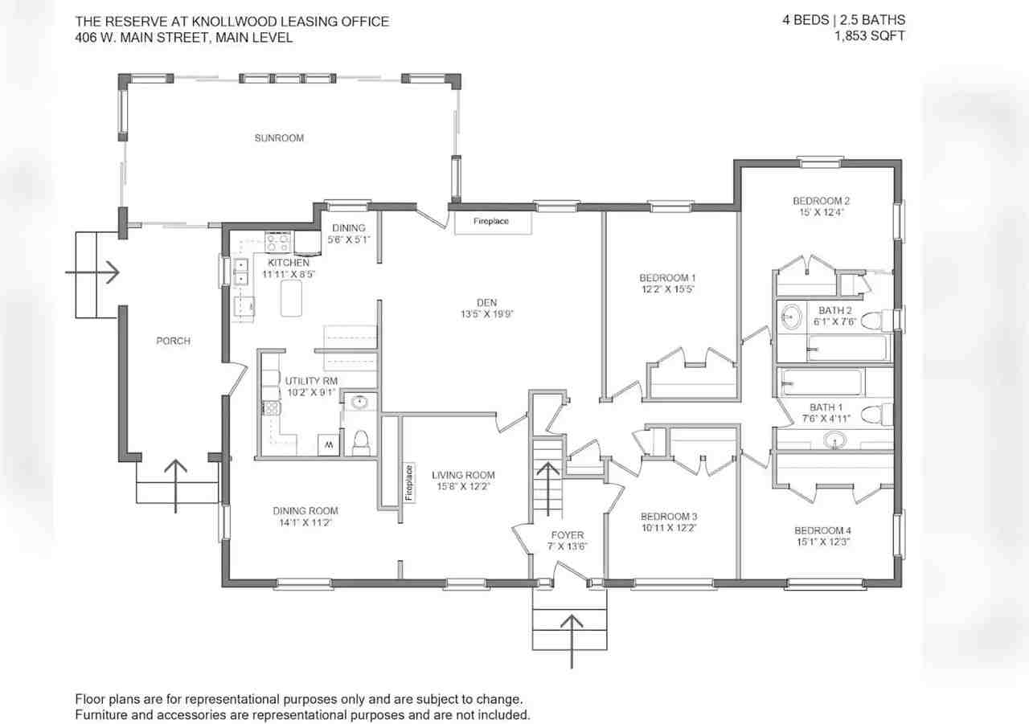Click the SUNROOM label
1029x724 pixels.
tap(279, 137)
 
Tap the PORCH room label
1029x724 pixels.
tap(173, 341)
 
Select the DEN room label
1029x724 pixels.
tap(486, 303)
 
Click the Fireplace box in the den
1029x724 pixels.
tap(493, 223)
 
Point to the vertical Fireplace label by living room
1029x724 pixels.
tap(409, 482)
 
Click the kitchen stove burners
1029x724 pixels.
tap(278, 242)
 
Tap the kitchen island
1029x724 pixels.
tap(291, 298)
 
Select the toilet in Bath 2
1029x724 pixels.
tap(876, 321)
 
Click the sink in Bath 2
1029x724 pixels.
tap(792, 317)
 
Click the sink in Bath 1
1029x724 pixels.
tap(835, 440)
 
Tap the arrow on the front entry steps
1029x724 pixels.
tap(572, 641)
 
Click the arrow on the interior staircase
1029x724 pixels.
tap(548, 489)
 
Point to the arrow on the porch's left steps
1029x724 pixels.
tap(92, 272)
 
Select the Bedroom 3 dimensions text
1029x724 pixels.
tap(669, 528)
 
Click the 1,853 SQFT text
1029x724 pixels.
tap(870, 36)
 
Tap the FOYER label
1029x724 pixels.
tap(568, 535)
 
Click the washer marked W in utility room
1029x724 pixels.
tap(329, 445)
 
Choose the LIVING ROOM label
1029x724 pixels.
tap(463, 475)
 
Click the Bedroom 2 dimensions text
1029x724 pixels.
tap(822, 212)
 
